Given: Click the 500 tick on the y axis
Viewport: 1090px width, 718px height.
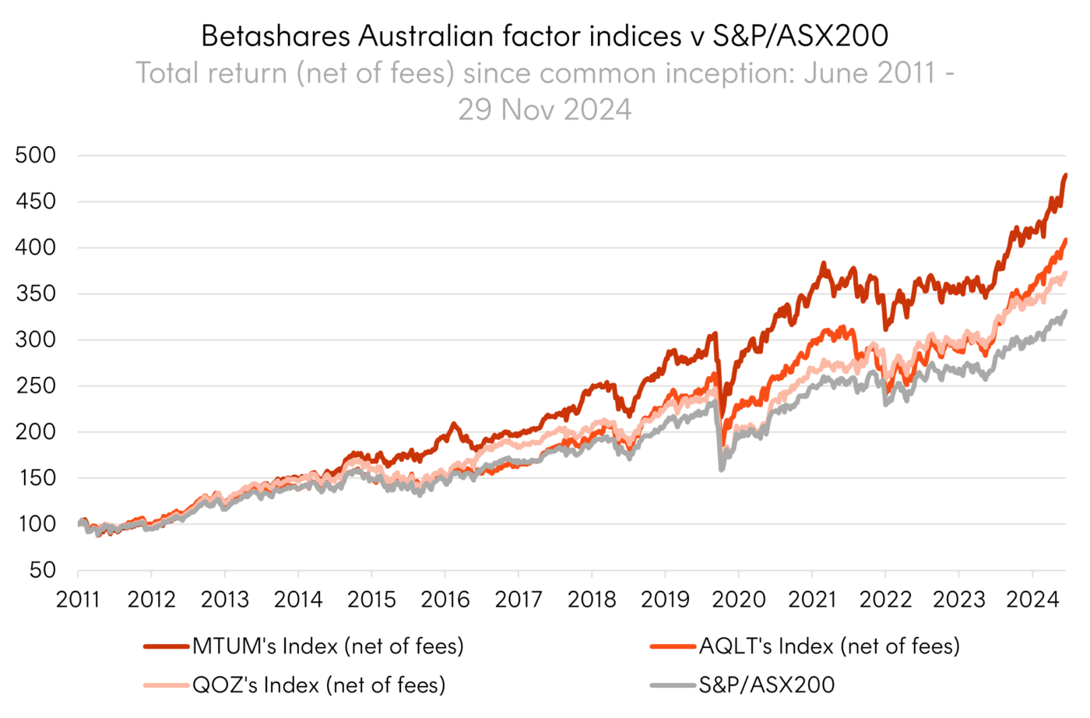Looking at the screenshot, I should tap(36, 155).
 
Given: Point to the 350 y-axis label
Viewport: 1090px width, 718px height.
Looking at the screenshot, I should tap(36, 294).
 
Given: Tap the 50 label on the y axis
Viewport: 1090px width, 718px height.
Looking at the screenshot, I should tap(43, 570).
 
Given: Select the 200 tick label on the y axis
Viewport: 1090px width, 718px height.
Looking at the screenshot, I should tap(36, 431).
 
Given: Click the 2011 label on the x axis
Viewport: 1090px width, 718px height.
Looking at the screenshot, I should tap(78, 599).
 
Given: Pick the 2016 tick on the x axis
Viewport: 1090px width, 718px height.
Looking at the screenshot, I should tap(445, 599).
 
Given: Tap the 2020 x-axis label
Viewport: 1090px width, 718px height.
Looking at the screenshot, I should tap(739, 599).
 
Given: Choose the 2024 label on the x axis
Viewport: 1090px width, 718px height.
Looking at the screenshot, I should tap(1032, 599).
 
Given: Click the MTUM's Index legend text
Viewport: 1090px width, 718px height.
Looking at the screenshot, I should tap(328, 646).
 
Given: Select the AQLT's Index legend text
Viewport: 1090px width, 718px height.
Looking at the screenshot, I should tap(829, 646).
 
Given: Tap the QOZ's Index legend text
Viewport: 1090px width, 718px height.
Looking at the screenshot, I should tap(319, 685).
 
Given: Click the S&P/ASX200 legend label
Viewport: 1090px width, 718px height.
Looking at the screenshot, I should tap(767, 685).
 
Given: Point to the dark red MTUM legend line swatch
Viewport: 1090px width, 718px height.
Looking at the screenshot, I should tap(167, 646).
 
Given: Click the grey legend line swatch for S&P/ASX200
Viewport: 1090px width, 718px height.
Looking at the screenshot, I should tap(673, 685).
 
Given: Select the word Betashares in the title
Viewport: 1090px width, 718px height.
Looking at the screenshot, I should tap(276, 36).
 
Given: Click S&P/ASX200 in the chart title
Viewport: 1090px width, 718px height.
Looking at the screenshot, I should tap(800, 36).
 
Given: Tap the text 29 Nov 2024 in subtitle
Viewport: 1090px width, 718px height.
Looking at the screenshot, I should tap(545, 110).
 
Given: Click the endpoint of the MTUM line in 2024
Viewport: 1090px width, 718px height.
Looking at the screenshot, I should tap(1066, 175).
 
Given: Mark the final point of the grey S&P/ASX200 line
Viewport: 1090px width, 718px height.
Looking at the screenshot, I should tap(1066, 311).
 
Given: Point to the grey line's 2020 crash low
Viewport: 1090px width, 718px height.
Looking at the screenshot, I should tap(721, 469).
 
